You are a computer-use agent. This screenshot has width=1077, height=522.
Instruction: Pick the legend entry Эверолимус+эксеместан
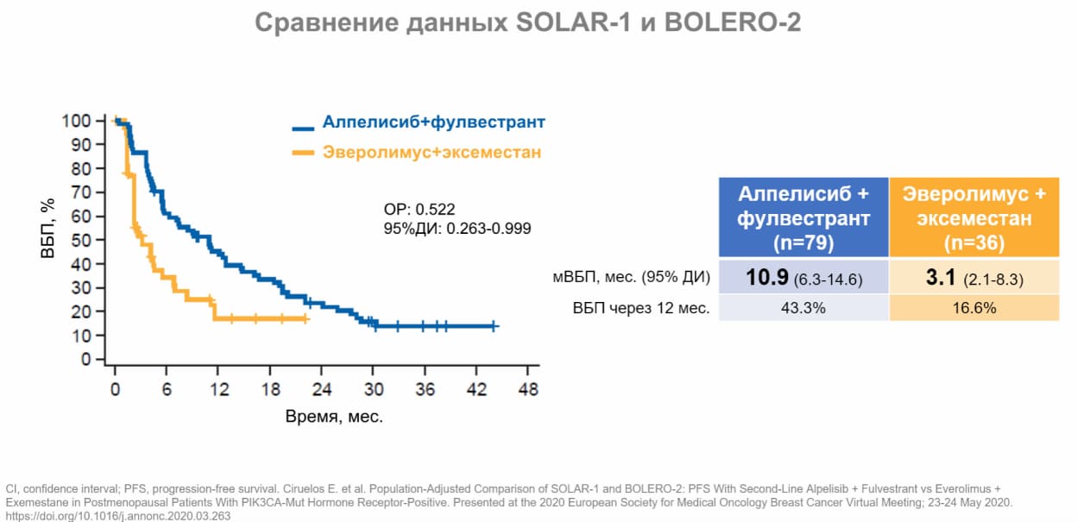coord(431,153)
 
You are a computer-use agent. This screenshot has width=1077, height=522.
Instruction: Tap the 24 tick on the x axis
coord(322,389)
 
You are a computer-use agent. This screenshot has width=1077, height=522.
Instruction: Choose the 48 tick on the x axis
coord(528,389)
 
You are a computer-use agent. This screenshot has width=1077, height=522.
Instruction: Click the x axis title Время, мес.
coord(334,417)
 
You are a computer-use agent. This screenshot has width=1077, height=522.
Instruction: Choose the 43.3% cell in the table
coord(803,308)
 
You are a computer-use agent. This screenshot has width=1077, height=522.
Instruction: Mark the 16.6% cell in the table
coord(973,308)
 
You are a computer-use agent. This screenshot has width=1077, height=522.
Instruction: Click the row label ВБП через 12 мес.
coord(640,308)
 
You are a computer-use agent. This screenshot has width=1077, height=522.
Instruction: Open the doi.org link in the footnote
coord(118,515)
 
